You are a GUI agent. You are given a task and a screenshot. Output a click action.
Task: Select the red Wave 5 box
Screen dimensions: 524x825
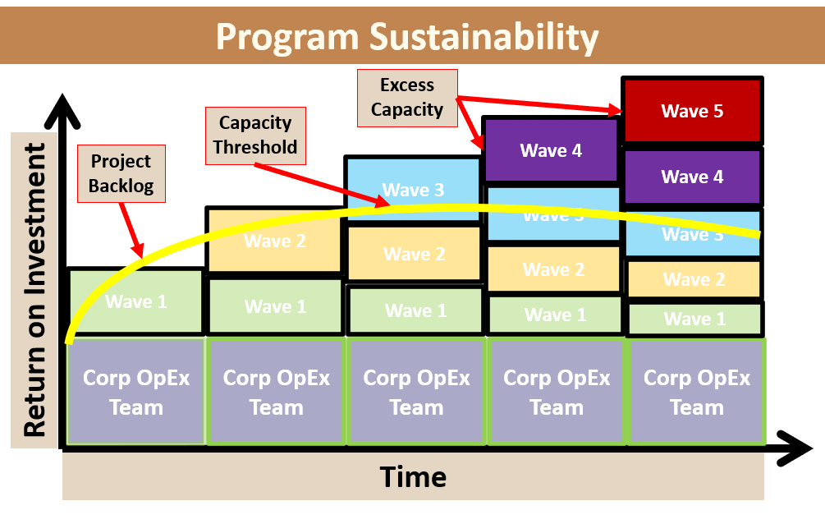(x=692, y=111)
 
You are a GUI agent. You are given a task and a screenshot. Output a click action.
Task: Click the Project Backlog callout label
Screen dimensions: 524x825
(x=121, y=173)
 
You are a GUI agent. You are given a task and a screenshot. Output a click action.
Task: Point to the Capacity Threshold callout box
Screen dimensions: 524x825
(x=256, y=135)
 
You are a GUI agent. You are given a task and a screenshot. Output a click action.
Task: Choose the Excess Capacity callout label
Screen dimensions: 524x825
(x=407, y=97)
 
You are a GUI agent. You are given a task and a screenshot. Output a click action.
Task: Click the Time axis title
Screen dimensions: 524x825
(x=413, y=476)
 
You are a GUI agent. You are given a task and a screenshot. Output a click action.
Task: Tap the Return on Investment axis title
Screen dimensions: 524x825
(x=34, y=290)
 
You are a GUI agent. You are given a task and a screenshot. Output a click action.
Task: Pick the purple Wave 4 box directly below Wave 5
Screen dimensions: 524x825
(x=692, y=177)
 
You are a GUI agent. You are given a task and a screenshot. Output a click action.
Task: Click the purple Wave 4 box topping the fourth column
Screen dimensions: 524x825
(x=551, y=150)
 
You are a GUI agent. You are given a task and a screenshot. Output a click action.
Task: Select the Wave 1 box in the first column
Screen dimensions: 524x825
(x=135, y=301)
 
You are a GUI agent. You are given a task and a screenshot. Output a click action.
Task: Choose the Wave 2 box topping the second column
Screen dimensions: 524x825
(x=274, y=240)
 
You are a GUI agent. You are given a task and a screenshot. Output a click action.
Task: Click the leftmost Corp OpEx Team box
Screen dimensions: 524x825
(x=135, y=393)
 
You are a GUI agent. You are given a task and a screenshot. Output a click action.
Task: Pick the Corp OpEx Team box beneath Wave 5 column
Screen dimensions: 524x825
(x=696, y=393)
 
